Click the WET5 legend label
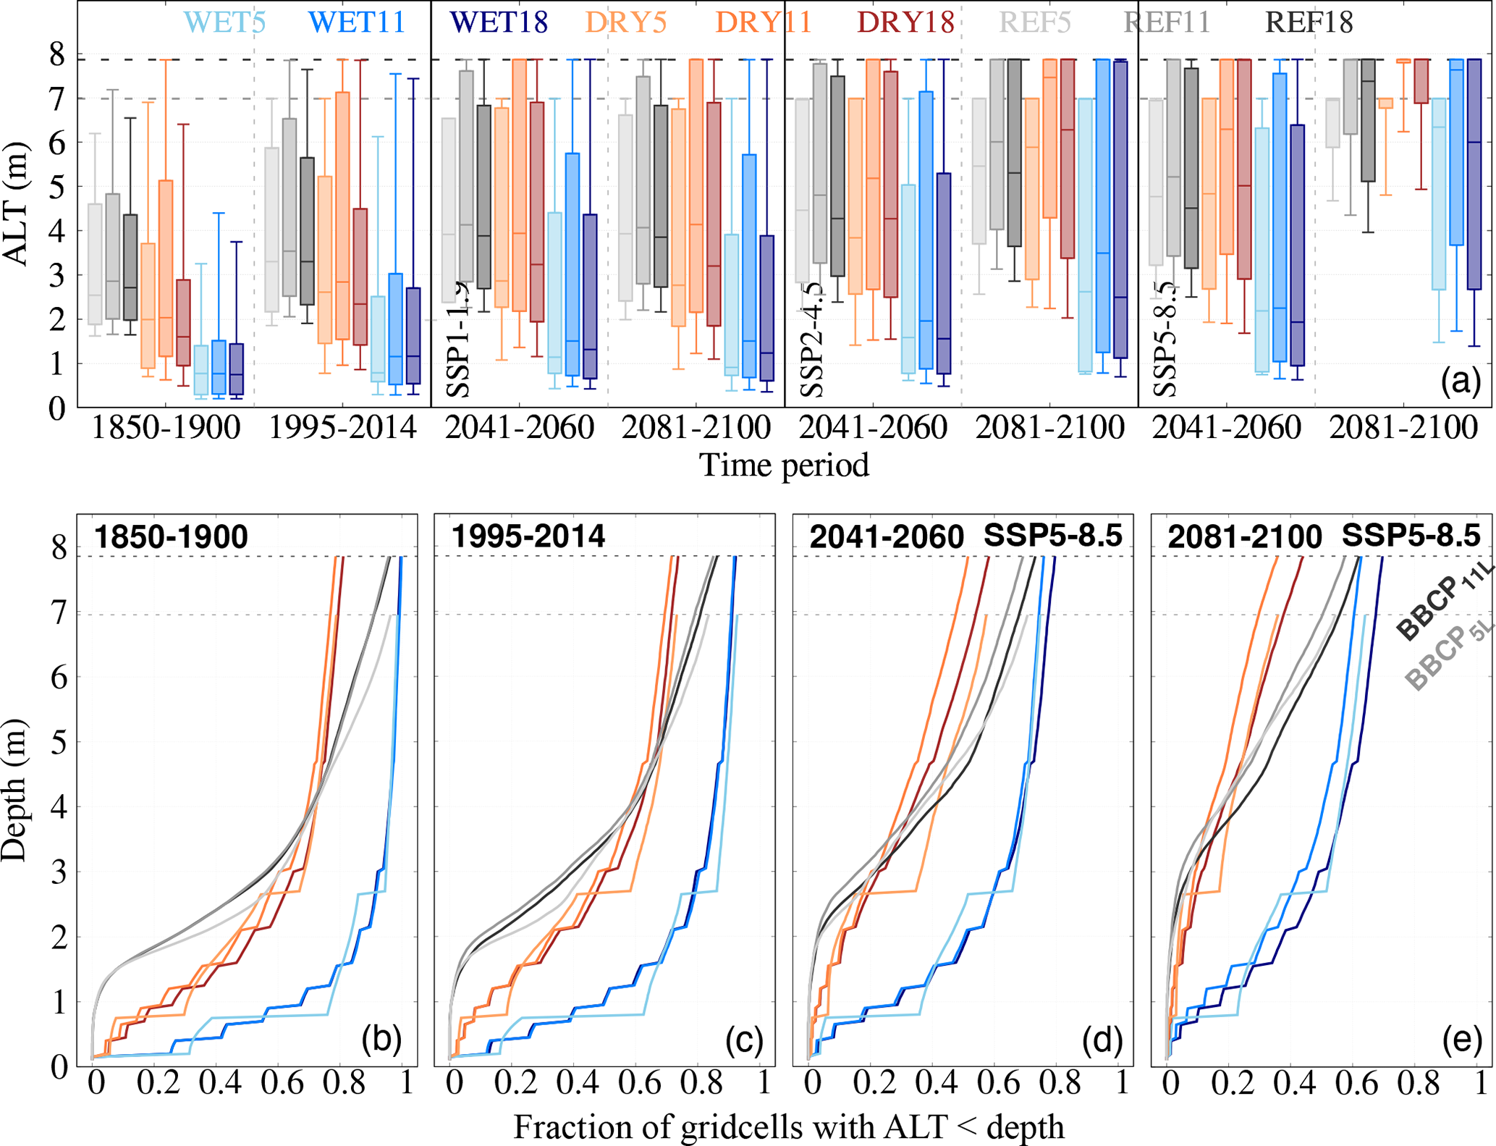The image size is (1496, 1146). (225, 22)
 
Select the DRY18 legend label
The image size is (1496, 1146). (905, 22)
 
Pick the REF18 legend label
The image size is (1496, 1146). (1309, 22)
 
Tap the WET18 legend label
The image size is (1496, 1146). (498, 22)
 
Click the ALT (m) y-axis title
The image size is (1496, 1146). (16, 204)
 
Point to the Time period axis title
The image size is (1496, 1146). (784, 464)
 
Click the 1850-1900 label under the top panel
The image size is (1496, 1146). (166, 427)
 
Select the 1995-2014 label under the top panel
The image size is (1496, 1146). (342, 427)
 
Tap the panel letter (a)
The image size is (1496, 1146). (1461, 381)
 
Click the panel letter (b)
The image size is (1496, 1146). (381, 1039)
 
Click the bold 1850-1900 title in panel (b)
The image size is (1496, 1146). (171, 537)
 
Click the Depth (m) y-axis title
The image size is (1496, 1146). (14, 790)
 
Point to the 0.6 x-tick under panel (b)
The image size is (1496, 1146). (282, 1083)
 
